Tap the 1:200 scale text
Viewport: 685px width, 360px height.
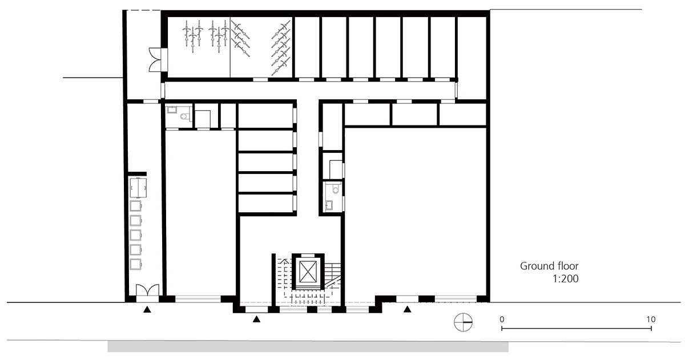[566, 280]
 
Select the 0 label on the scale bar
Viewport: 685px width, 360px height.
[501, 319]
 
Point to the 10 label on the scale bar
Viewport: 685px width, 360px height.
[651, 319]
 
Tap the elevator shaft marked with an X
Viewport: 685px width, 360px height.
[308, 270]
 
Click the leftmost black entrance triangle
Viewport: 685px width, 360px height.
[147, 310]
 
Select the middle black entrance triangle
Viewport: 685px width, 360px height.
[256, 319]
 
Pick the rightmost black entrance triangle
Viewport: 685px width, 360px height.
[408, 310]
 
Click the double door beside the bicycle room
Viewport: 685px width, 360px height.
[155, 60]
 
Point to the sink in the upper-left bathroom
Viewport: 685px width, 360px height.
[171, 111]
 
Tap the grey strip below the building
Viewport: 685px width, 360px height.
[308, 346]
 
